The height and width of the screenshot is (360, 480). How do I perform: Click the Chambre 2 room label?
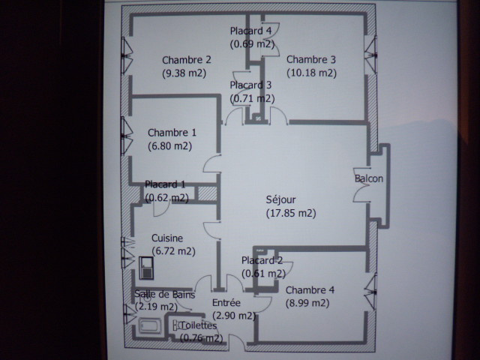click(x=187, y=60)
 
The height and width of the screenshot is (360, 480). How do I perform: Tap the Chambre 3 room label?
click(x=311, y=59)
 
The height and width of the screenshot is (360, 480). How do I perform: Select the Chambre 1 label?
click(x=172, y=133)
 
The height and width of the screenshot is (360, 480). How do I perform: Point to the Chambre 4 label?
click(x=310, y=290)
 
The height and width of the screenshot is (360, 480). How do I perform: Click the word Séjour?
click(x=280, y=200)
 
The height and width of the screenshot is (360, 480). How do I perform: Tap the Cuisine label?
click(x=167, y=238)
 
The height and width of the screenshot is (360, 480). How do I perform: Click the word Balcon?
click(x=369, y=178)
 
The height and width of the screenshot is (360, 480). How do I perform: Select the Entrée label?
click(x=226, y=303)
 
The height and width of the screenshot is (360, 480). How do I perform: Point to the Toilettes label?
click(x=198, y=325)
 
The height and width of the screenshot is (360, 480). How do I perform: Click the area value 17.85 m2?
click(x=291, y=213)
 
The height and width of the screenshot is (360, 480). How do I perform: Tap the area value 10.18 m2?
click(x=312, y=73)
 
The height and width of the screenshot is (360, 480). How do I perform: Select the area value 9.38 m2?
click(x=184, y=73)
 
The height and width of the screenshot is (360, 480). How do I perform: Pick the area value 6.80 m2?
click(x=170, y=146)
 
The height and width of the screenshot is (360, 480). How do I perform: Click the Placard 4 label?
click(x=250, y=31)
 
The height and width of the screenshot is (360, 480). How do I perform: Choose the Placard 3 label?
click(x=250, y=85)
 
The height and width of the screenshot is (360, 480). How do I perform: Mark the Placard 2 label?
click(x=262, y=260)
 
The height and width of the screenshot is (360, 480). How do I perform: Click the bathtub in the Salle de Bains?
click(x=150, y=325)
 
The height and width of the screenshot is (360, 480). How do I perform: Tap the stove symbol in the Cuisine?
click(x=146, y=268)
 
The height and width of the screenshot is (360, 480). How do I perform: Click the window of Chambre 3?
click(x=371, y=55)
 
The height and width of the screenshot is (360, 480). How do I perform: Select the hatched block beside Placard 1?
click(x=208, y=193)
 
